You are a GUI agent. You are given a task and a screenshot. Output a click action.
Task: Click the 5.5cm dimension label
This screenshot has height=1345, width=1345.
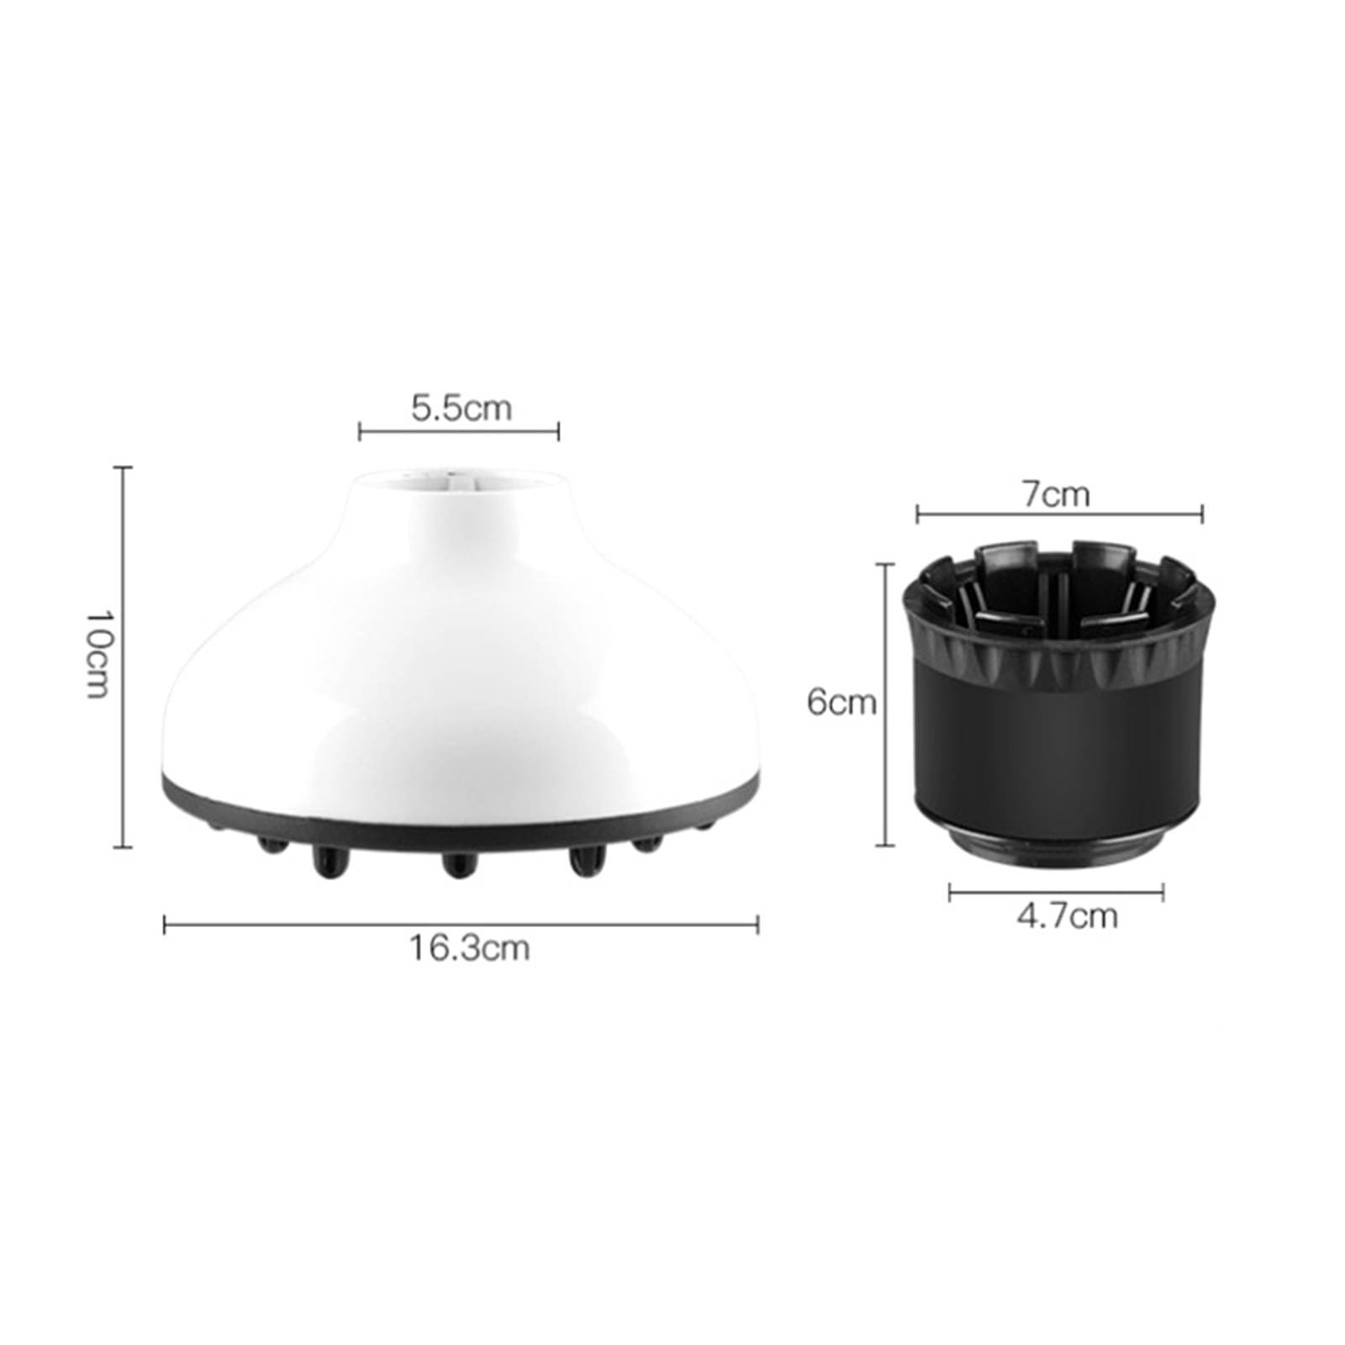(x=461, y=408)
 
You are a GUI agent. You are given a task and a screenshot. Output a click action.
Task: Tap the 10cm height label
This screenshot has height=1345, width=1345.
(x=98, y=655)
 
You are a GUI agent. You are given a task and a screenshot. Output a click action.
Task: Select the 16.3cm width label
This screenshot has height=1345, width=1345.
(x=470, y=948)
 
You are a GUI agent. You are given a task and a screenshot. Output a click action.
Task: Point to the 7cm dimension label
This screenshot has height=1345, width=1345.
(x=1056, y=493)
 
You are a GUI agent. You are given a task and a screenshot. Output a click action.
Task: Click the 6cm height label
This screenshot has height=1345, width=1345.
(x=841, y=701)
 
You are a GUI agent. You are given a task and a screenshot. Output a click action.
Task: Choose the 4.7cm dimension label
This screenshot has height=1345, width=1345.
(x=1068, y=916)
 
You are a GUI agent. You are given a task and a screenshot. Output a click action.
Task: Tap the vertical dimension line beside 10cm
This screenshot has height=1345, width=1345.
(x=124, y=657)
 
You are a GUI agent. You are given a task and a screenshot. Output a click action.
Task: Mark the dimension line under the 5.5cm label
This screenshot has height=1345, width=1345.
(x=459, y=432)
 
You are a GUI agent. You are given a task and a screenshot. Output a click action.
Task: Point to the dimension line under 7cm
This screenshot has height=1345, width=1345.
(x=1059, y=514)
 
